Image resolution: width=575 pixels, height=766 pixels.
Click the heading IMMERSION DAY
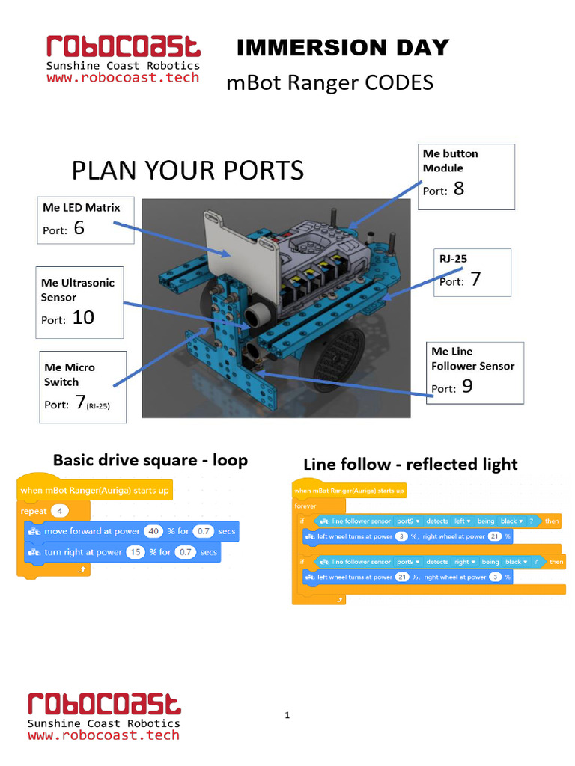click(342, 49)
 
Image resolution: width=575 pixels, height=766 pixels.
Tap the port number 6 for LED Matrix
click(79, 227)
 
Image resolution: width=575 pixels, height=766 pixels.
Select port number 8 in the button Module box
click(458, 189)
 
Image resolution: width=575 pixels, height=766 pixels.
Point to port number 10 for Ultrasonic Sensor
click(82, 318)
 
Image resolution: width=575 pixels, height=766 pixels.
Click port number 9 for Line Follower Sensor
click(466, 387)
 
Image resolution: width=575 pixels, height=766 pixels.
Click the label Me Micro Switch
click(70, 374)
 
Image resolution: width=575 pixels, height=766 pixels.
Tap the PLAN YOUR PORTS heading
click(187, 171)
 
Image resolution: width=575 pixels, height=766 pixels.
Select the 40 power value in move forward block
click(152, 531)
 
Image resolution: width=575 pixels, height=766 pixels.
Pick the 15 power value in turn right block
click(134, 552)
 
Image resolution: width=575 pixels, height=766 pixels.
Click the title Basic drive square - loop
click(150, 460)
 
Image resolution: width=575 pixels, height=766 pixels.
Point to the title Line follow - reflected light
click(410, 465)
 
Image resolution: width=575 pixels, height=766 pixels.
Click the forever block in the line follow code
click(305, 506)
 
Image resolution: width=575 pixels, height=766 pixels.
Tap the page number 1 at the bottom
click(287, 716)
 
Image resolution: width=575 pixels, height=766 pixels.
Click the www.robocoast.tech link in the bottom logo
click(103, 735)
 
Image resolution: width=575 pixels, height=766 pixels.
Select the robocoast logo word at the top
click(124, 46)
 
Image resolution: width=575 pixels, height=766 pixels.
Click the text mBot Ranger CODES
click(329, 82)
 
